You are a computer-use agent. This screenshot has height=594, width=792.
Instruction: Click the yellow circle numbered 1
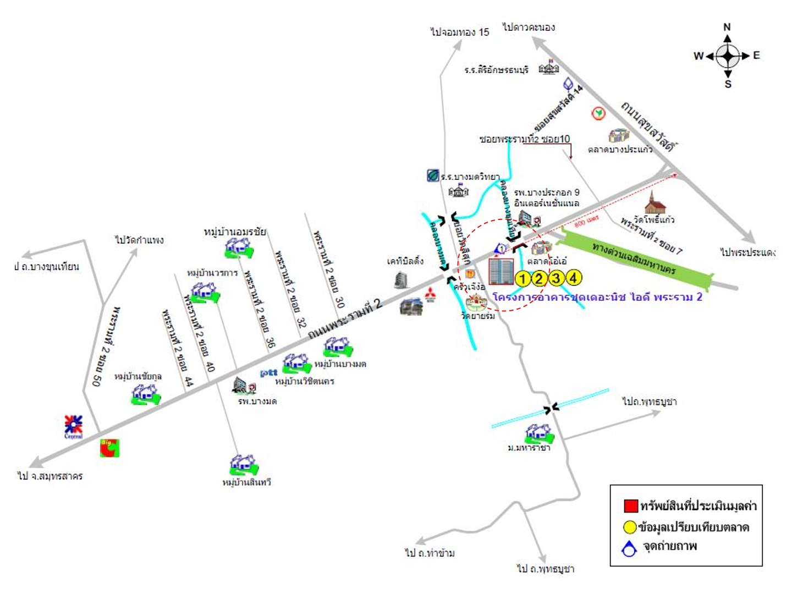pos(522,278)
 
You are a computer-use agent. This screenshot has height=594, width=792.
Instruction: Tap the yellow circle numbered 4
pos(573,278)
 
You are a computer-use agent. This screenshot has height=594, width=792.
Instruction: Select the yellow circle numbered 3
pos(556,278)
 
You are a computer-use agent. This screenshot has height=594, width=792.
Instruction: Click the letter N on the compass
pos(727,27)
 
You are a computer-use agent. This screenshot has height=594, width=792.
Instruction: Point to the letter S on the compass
pos(728,84)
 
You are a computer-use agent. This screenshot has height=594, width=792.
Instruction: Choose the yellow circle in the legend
pos(630,527)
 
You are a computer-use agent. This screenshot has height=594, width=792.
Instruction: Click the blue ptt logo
pos(268,373)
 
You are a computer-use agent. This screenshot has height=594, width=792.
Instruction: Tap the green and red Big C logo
pos(109,448)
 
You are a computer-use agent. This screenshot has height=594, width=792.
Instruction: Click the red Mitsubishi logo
pos(430,295)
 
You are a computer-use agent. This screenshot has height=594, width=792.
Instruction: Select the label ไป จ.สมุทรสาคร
pos(50,476)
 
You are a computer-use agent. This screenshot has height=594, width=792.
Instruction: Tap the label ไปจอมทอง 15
pos(459,32)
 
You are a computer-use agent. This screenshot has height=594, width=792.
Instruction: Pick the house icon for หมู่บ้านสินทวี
pos(244,465)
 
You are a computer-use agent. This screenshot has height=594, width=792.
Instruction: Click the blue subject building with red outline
pos(501,272)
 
